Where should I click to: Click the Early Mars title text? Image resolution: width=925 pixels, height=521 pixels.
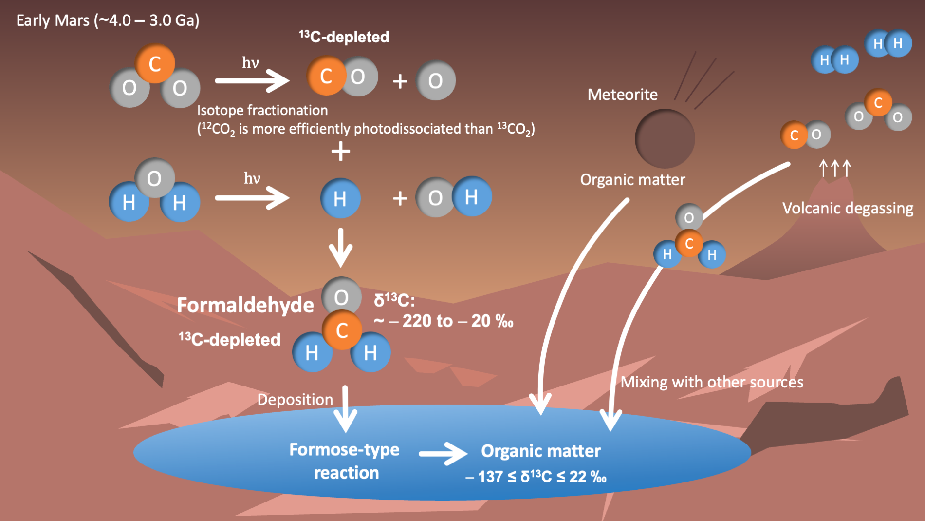pyautogui.click(x=108, y=20)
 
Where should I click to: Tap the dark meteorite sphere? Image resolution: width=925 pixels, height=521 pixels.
pyautogui.click(x=665, y=138)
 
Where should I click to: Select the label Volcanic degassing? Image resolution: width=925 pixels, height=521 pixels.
pyautogui.click(x=848, y=209)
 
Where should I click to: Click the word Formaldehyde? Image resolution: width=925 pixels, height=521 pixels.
pyautogui.click(x=245, y=305)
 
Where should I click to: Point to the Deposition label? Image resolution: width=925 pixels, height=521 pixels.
pyautogui.click(x=295, y=400)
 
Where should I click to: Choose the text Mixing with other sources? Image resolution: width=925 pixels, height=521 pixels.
pyautogui.click(x=712, y=382)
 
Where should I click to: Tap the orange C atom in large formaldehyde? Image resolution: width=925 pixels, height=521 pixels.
pyautogui.click(x=342, y=330)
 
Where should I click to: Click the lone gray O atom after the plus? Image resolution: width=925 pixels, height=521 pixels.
pyautogui.click(x=436, y=80)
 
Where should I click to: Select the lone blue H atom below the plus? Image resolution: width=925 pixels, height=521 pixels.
pyautogui.click(x=340, y=198)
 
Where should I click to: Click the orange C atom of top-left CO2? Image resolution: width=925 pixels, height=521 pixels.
pyautogui.click(x=155, y=63)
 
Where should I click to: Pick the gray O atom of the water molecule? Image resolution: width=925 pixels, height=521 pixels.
pyautogui.click(x=154, y=178)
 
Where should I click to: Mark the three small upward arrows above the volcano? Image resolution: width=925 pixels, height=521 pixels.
pyautogui.click(x=835, y=168)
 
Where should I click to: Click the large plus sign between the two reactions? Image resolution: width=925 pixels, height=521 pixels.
pyautogui.click(x=341, y=151)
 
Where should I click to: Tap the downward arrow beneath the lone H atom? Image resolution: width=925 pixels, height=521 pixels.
pyautogui.click(x=341, y=248)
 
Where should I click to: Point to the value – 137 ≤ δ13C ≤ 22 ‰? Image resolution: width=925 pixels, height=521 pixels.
pyautogui.click(x=536, y=476)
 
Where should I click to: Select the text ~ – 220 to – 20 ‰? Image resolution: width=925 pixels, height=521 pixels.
pyautogui.click(x=444, y=321)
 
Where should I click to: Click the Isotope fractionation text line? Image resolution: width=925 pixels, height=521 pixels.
pyautogui.click(x=262, y=111)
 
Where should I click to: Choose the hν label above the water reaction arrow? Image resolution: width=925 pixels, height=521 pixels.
pyautogui.click(x=252, y=178)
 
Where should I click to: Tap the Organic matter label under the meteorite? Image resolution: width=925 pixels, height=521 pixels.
pyautogui.click(x=632, y=180)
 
